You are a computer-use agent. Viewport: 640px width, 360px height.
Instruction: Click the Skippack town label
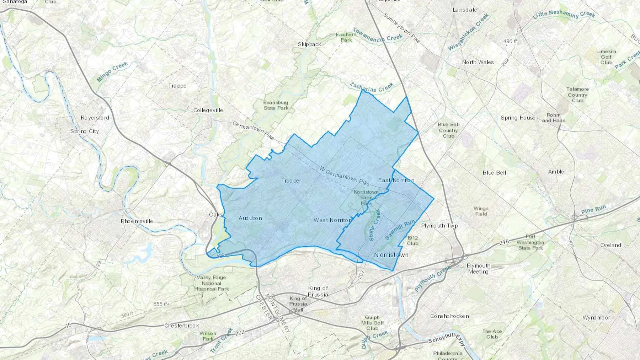309,44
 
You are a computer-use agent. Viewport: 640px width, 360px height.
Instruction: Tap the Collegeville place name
208,110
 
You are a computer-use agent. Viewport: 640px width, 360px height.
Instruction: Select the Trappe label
177,86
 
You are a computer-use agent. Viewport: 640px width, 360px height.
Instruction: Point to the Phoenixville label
137,221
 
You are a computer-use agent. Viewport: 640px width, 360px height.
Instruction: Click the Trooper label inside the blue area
291,181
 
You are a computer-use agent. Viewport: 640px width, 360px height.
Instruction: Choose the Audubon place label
250,218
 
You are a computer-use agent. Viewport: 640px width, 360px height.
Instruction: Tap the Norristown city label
391,255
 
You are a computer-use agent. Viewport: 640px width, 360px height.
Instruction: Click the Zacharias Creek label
372,87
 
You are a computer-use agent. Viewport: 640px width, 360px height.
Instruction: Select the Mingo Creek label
112,72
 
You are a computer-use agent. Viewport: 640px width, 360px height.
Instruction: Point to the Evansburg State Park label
276,105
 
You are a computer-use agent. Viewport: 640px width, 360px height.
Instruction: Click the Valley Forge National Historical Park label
211,283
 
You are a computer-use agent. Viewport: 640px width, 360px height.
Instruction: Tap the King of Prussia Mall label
298,304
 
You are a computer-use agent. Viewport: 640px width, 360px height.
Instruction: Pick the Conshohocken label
449,316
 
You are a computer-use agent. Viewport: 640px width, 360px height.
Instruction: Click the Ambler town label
557,172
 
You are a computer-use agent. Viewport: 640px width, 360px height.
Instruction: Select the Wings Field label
481,211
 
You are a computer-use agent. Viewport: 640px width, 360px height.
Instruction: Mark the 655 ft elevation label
160,304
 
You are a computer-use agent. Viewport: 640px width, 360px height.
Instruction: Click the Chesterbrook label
181,326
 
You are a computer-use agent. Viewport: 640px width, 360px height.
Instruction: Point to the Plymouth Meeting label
478,269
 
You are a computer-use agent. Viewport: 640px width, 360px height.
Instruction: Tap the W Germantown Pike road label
344,176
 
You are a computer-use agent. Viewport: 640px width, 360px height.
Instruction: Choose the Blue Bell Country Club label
448,130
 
